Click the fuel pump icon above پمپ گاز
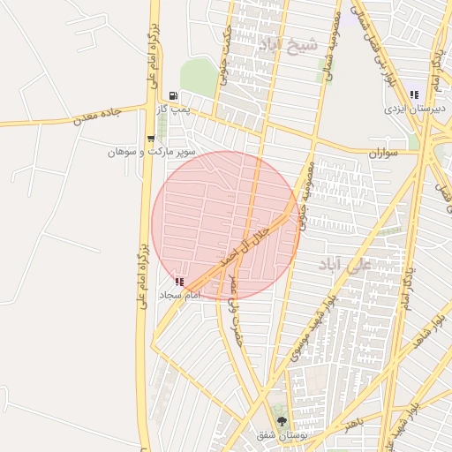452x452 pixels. pos(174,95)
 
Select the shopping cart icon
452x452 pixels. pos(151,139)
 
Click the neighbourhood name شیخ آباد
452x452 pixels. pos(282,42)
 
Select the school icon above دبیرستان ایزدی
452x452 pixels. pos(414,94)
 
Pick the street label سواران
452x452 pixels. pos(384,153)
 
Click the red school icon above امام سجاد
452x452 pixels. pos(180,282)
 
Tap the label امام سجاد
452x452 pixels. pos(179,294)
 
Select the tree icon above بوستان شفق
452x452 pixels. pos(282,422)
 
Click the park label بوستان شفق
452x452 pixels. pos(281,436)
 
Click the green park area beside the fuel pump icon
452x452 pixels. pos(199,79)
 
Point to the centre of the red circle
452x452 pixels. pos(226,225)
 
